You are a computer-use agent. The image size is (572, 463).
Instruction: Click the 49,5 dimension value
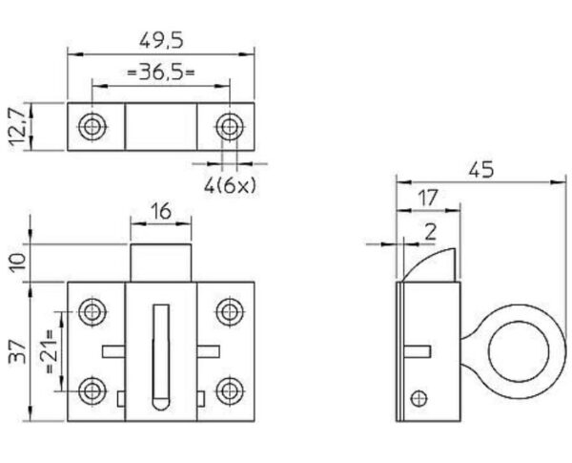tap(161, 40)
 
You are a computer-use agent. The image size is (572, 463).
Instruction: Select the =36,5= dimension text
tap(160, 72)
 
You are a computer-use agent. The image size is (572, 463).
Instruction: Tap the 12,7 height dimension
tap(17, 126)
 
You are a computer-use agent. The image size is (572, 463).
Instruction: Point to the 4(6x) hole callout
tap(230, 185)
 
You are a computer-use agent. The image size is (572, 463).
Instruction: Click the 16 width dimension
tap(160, 211)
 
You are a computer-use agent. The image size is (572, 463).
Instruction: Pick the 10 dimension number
tap(17, 262)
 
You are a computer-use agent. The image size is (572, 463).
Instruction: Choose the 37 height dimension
tap(17, 351)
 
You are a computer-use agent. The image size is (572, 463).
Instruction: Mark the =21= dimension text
tap(49, 351)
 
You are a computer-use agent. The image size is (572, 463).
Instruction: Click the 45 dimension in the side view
tap(481, 170)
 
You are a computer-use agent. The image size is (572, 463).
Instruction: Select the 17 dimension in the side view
tap(427, 198)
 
